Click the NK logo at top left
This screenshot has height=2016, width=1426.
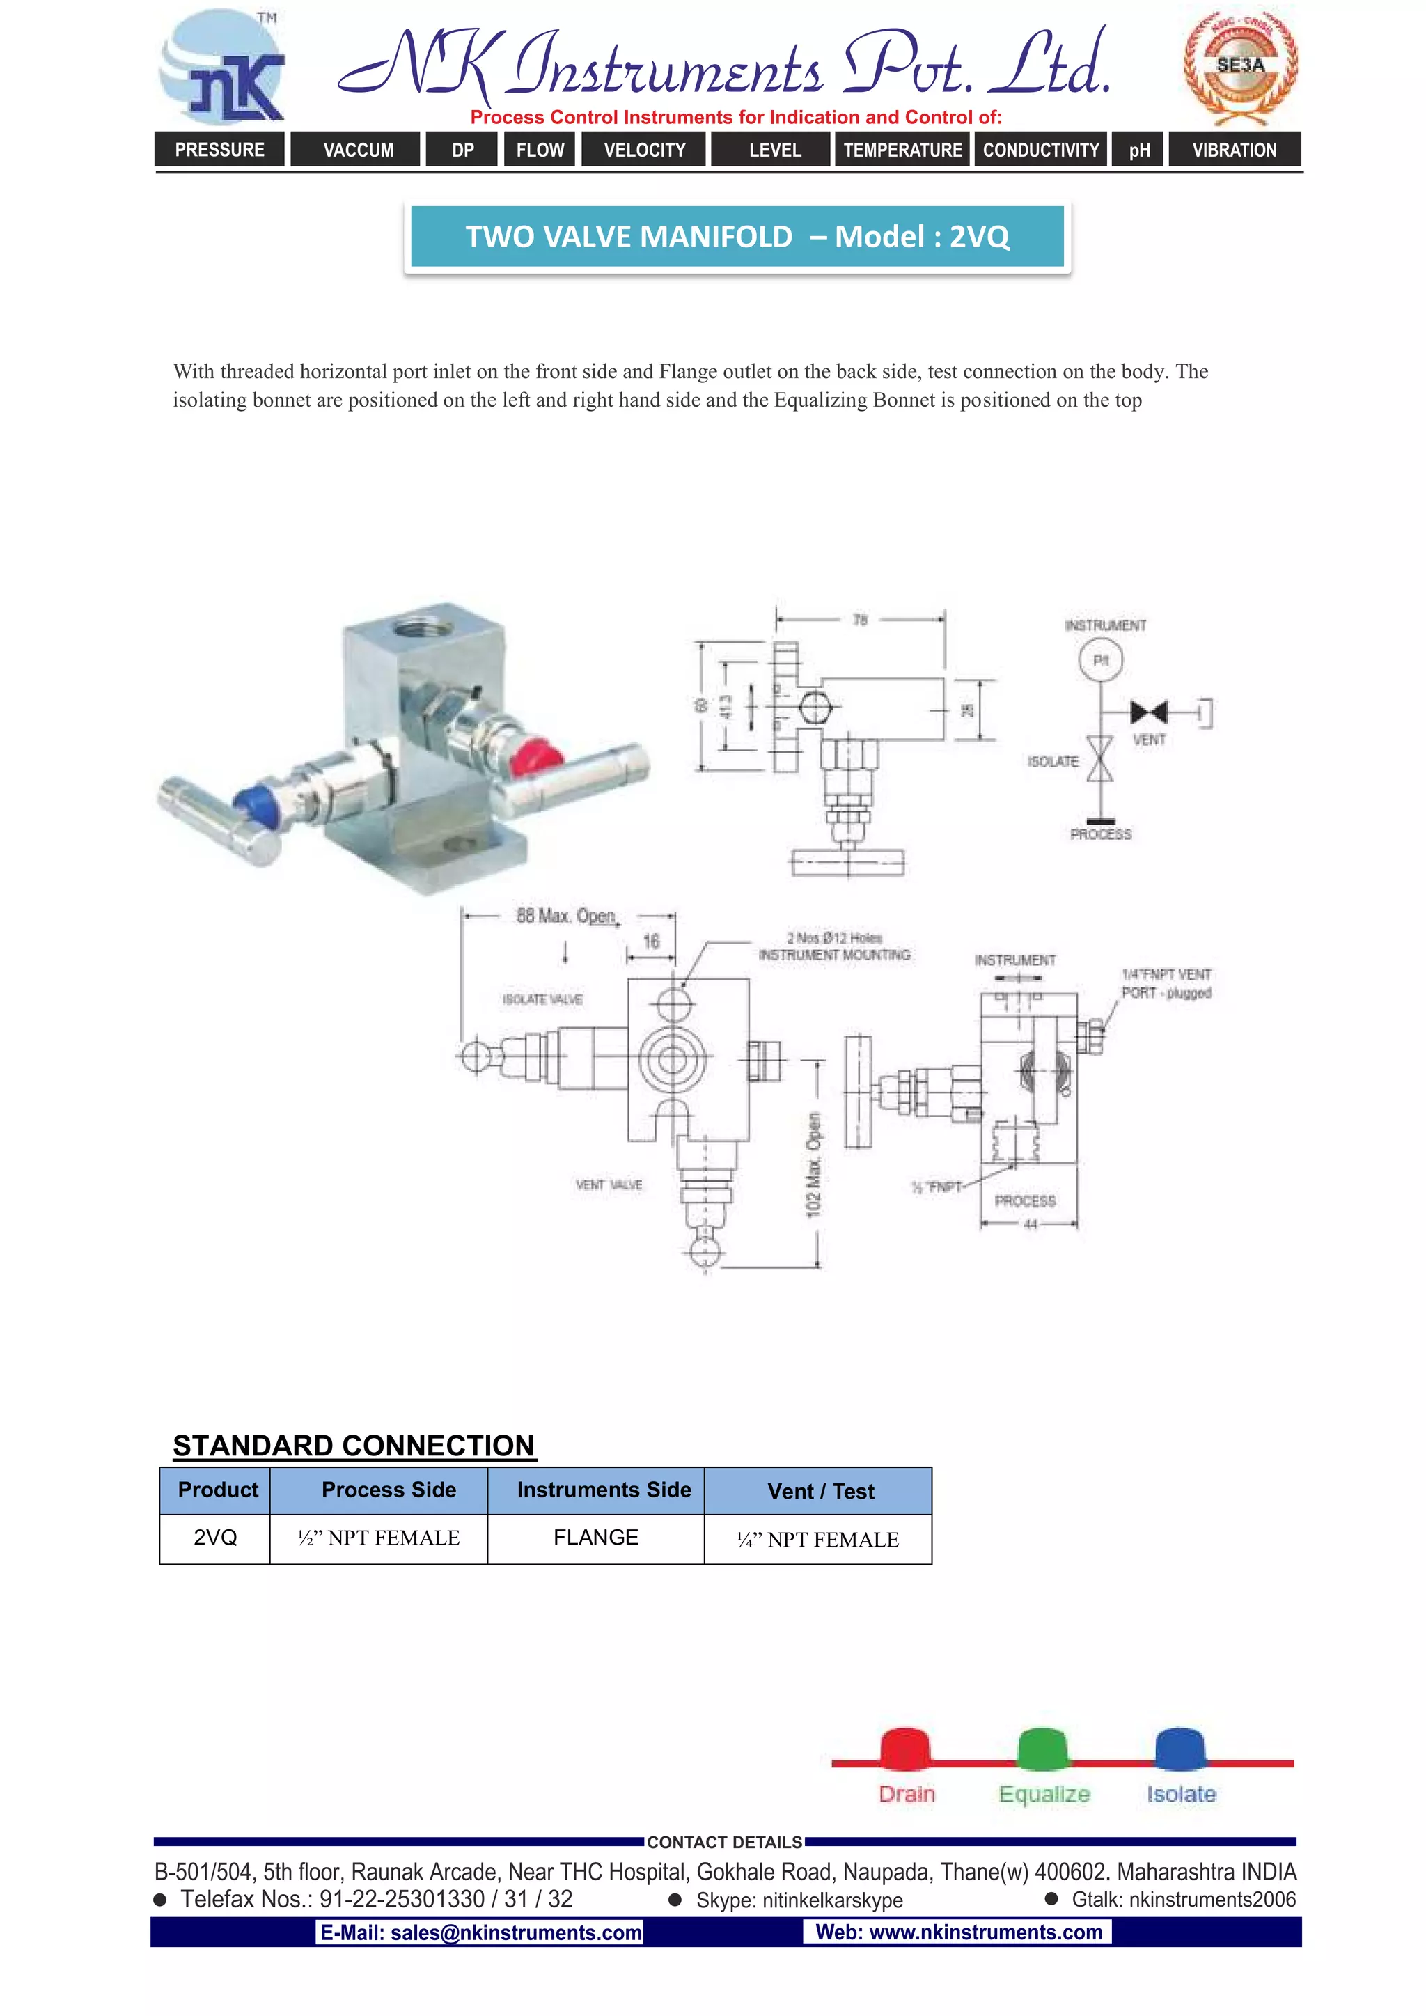(223, 68)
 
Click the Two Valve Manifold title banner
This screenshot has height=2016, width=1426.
(737, 236)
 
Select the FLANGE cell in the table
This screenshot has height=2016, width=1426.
(595, 1538)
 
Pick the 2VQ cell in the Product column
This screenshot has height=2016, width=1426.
(215, 1538)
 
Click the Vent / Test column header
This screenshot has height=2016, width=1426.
(820, 1491)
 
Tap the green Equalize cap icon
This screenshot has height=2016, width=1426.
(1042, 1747)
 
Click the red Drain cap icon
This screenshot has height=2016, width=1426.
(905, 1747)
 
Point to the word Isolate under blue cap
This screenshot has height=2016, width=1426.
(1181, 1794)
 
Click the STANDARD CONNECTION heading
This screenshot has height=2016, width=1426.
(354, 1445)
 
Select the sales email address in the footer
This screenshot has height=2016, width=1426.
(480, 1932)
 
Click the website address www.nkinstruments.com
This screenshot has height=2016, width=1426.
(959, 1932)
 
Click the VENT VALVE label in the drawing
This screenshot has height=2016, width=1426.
(609, 1185)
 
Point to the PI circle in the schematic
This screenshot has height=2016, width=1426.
(1100, 660)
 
